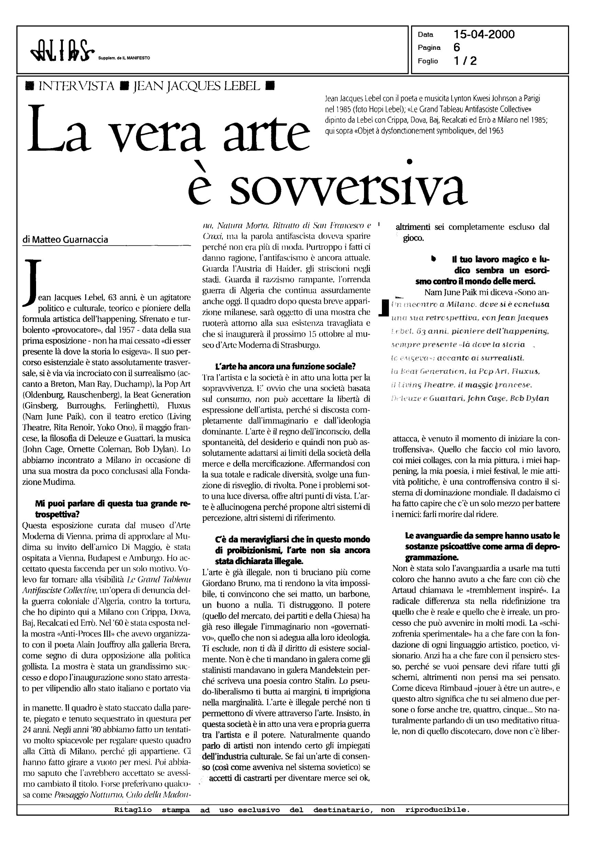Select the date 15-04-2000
484,35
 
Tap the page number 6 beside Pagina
457,47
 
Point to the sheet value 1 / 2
465,61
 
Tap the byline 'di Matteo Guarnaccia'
65,239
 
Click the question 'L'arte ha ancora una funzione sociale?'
285,366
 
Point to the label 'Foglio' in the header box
427,61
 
